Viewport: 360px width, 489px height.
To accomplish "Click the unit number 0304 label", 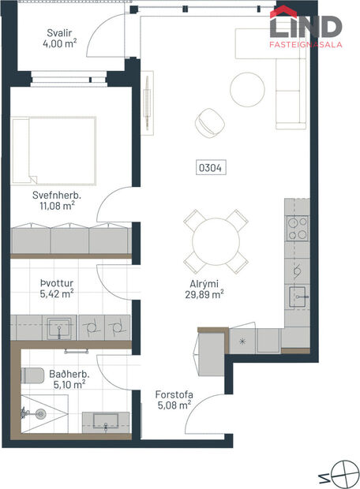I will click(209, 166).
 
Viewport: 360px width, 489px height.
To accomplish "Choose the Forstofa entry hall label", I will click(174, 394).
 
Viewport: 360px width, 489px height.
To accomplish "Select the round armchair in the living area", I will click(209, 121).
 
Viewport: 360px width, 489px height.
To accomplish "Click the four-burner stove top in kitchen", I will click(296, 229).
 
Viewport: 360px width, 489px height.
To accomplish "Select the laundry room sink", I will click(58, 326).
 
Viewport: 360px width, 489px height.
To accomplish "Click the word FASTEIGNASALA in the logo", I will click(306, 46).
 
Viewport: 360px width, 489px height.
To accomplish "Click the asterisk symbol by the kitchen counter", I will click(242, 342).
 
